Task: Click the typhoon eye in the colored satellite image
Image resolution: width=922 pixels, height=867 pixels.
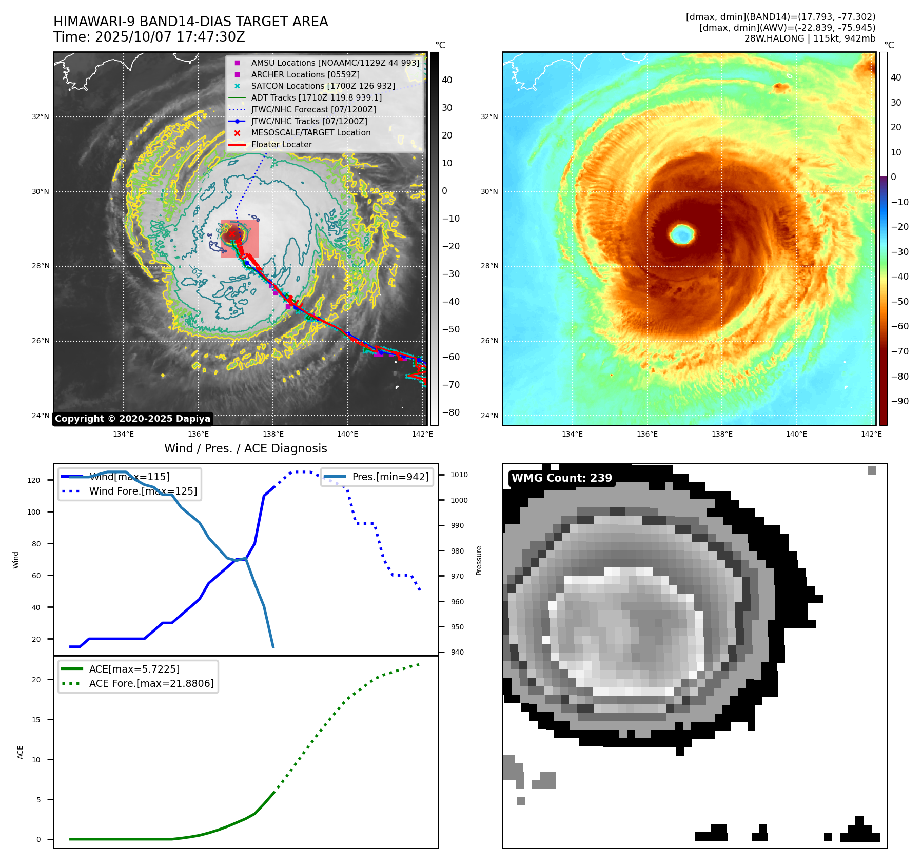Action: tap(682, 234)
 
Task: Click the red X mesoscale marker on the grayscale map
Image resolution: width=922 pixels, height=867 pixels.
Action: tap(232, 234)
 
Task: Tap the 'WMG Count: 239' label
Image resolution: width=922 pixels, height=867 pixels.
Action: tap(562, 478)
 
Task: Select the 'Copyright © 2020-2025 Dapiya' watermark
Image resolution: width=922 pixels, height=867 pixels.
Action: tap(132, 419)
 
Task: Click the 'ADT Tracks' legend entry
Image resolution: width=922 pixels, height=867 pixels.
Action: tap(316, 97)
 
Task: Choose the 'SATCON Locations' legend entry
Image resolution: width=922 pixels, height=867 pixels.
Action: tap(323, 86)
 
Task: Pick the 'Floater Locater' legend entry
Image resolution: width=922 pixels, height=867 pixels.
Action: tap(281, 144)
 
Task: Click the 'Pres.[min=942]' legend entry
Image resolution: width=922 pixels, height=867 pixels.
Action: tap(390, 477)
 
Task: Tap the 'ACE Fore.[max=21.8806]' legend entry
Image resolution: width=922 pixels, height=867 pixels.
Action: tap(151, 683)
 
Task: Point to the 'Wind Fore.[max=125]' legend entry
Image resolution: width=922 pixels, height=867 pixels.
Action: tap(143, 491)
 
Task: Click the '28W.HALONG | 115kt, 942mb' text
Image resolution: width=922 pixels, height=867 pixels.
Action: tap(810, 38)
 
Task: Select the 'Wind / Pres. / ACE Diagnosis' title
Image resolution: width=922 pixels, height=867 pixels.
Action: tap(245, 448)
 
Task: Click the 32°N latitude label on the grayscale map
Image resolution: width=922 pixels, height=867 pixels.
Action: tap(41, 117)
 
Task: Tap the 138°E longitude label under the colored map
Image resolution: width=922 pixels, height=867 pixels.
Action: tap(721, 434)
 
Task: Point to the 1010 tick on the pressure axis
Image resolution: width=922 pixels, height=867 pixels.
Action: tap(459, 475)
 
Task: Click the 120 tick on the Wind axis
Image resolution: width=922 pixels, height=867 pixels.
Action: tap(34, 480)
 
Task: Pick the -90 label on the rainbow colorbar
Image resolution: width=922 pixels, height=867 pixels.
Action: tap(899, 401)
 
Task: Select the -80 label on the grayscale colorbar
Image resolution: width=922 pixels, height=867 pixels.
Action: tap(451, 412)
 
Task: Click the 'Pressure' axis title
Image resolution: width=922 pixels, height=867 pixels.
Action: tap(479, 560)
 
